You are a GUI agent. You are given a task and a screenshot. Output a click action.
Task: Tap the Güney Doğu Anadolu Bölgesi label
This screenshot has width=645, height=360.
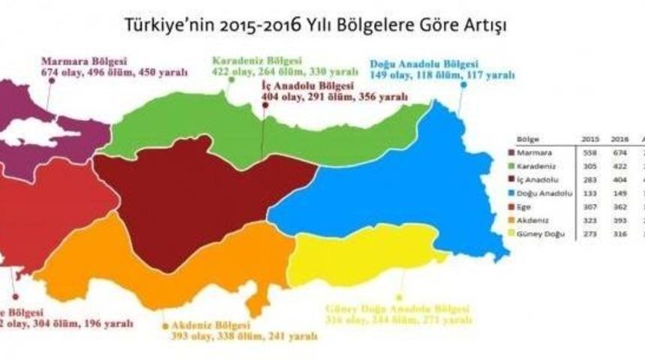(397, 309)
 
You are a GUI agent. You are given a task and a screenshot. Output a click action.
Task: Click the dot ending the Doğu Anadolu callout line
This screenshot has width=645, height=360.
(463, 85)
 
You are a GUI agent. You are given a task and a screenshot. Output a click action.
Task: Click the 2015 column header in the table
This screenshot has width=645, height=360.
(590, 139)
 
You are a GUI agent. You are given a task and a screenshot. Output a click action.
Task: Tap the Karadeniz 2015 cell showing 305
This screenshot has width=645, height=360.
(590, 166)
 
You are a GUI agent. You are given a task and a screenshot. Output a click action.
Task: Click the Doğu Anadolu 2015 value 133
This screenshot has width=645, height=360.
(590, 193)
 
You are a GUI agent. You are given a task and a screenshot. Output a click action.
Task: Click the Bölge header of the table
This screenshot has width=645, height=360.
(527, 139)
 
